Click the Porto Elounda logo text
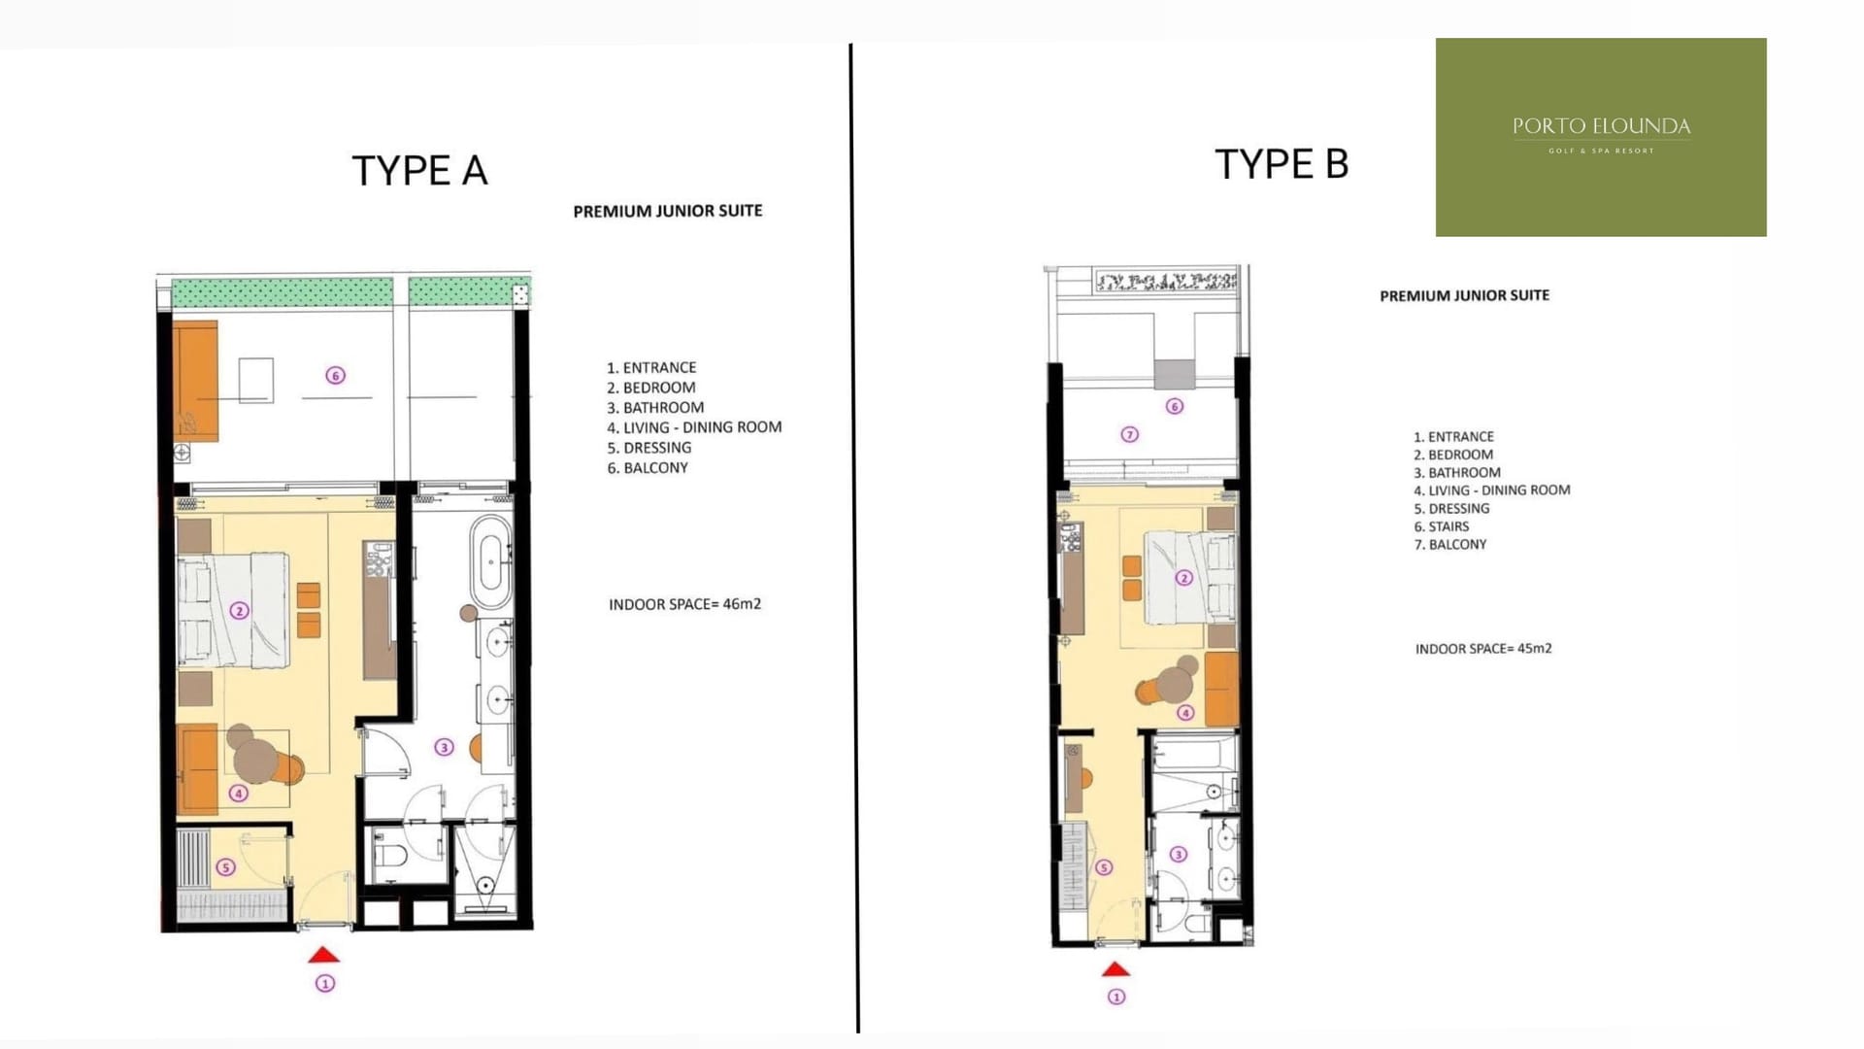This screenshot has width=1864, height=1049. coord(1601,126)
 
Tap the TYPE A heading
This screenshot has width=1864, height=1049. coord(419,171)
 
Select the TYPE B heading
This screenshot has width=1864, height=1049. coord(1281,164)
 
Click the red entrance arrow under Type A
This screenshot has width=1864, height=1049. coord(324,955)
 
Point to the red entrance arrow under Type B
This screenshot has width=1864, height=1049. coord(1115,968)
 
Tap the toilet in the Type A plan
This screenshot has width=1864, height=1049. coord(393,855)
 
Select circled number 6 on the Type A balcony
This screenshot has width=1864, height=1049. coord(335,375)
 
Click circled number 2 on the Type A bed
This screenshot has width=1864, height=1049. coord(239,610)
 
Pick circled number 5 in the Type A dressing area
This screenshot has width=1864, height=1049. coord(225,866)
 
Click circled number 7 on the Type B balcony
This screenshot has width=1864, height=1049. coord(1129,434)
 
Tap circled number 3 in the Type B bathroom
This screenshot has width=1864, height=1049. coord(1178,854)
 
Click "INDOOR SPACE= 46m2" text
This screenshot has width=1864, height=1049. coord(684,604)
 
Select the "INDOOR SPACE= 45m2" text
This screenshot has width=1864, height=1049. coord(1483,649)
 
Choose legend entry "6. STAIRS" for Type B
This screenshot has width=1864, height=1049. coord(1441,526)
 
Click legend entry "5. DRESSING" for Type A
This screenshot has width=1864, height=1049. coord(649,448)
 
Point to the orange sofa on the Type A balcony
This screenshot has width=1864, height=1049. coord(195,381)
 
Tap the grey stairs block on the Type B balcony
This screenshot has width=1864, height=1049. coord(1175,374)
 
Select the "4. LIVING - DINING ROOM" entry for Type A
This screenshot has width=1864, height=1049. coord(694,427)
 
